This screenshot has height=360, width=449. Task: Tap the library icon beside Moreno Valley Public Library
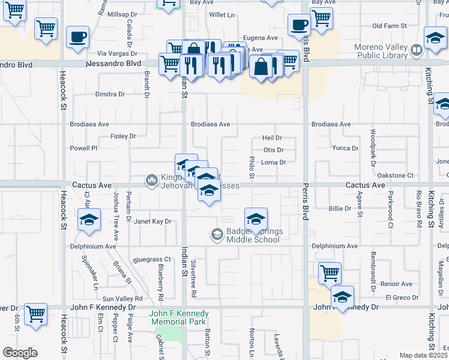(416, 49)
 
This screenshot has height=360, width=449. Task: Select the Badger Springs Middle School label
(253, 236)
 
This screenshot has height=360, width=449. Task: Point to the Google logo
(20, 352)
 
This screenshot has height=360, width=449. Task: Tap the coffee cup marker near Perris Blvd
(298, 25)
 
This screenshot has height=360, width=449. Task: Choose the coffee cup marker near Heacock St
(77, 37)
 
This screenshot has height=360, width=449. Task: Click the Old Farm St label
(389, 26)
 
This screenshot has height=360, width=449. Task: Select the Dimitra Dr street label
(110, 95)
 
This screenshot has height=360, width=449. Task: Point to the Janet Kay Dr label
(152, 221)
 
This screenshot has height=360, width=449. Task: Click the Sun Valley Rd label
(122, 298)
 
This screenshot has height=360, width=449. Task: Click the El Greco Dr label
(402, 298)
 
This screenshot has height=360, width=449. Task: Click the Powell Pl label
(83, 148)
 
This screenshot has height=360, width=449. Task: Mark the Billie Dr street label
(340, 208)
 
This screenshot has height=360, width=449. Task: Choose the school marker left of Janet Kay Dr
(88, 220)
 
